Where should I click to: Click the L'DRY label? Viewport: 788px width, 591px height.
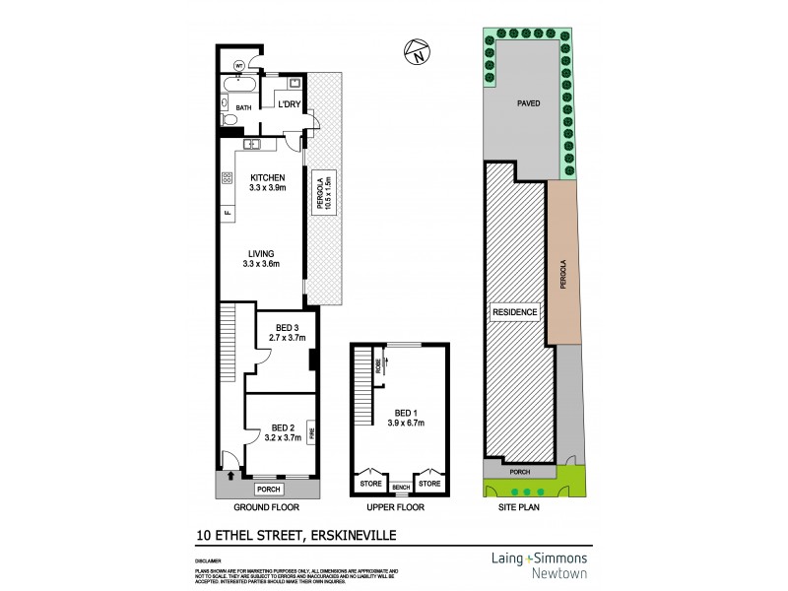[x=289, y=104]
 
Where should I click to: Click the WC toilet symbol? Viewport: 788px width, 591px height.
[x=239, y=67]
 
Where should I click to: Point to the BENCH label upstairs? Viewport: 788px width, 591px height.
[x=401, y=487]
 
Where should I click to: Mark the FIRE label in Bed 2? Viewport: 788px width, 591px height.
[x=311, y=432]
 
